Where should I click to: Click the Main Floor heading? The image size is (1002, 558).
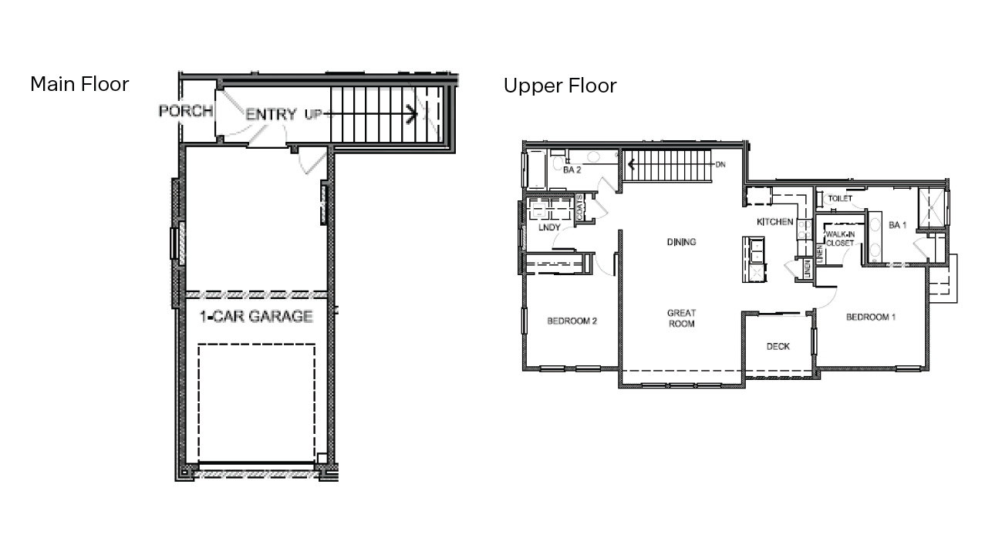click(79, 84)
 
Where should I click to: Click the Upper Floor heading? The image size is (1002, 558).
click(560, 86)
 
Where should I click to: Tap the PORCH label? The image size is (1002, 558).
click(186, 111)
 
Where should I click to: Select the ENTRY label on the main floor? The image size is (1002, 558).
click(271, 115)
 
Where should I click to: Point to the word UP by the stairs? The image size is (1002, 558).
click(313, 115)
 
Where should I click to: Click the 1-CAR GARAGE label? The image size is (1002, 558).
click(256, 316)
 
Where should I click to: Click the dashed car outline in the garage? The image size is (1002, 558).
click(256, 402)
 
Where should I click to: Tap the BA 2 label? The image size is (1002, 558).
click(572, 169)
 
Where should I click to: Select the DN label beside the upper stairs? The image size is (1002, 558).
click(720, 164)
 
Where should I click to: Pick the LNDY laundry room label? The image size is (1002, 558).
click(549, 227)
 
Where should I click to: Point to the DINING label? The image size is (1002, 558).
click(681, 242)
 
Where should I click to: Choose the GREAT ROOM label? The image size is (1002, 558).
click(681, 318)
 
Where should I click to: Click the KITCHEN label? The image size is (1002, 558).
click(774, 222)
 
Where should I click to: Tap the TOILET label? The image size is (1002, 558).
click(839, 199)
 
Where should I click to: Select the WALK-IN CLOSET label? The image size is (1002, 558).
click(839, 238)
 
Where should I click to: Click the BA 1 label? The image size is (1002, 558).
click(897, 225)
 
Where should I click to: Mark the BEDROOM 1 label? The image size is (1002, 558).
click(870, 318)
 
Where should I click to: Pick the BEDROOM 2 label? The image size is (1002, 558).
click(572, 321)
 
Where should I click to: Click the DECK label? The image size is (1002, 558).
click(778, 347)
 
